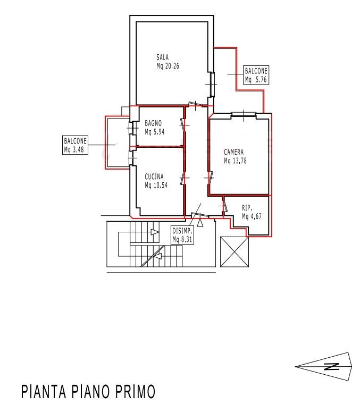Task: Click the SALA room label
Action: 162,57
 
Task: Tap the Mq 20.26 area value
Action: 168,66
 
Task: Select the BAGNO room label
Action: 153,123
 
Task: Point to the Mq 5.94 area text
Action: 155,132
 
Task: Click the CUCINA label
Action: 154,176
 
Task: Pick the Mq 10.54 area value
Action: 156,185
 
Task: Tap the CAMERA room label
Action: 234,152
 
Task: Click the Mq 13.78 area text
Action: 235,161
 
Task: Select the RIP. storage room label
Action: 247,208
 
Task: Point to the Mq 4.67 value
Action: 252,216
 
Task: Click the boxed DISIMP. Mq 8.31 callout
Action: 182,235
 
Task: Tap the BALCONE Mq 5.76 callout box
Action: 256,75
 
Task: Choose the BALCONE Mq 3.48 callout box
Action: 76,145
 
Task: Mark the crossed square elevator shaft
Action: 235,252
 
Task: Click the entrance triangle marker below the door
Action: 200,223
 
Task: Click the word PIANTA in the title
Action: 44,392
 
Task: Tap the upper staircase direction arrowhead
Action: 155,232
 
